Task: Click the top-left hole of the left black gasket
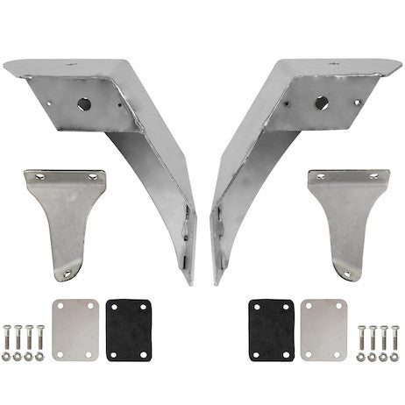(x=111, y=305)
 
